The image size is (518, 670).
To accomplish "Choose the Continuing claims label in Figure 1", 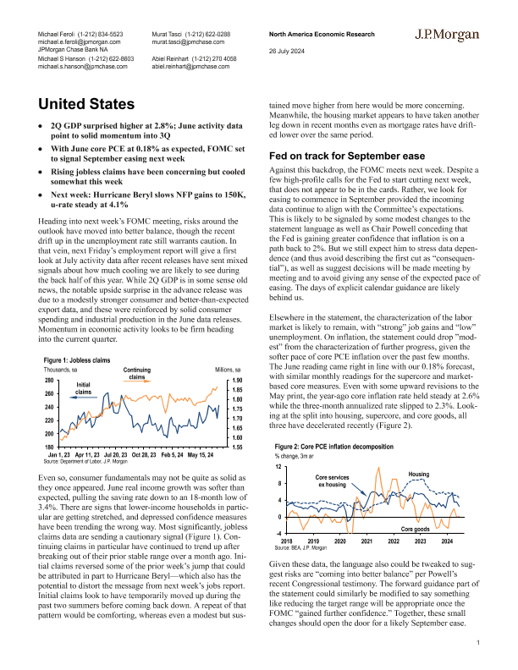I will [x=136, y=373].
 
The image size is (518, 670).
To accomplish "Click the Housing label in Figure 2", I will [x=420, y=473].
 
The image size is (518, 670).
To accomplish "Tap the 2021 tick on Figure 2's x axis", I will [x=366, y=541].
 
